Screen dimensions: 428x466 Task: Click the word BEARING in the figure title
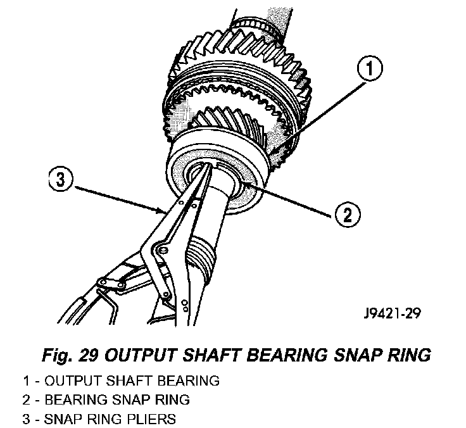(291, 355)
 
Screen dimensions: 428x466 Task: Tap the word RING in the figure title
(411, 355)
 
